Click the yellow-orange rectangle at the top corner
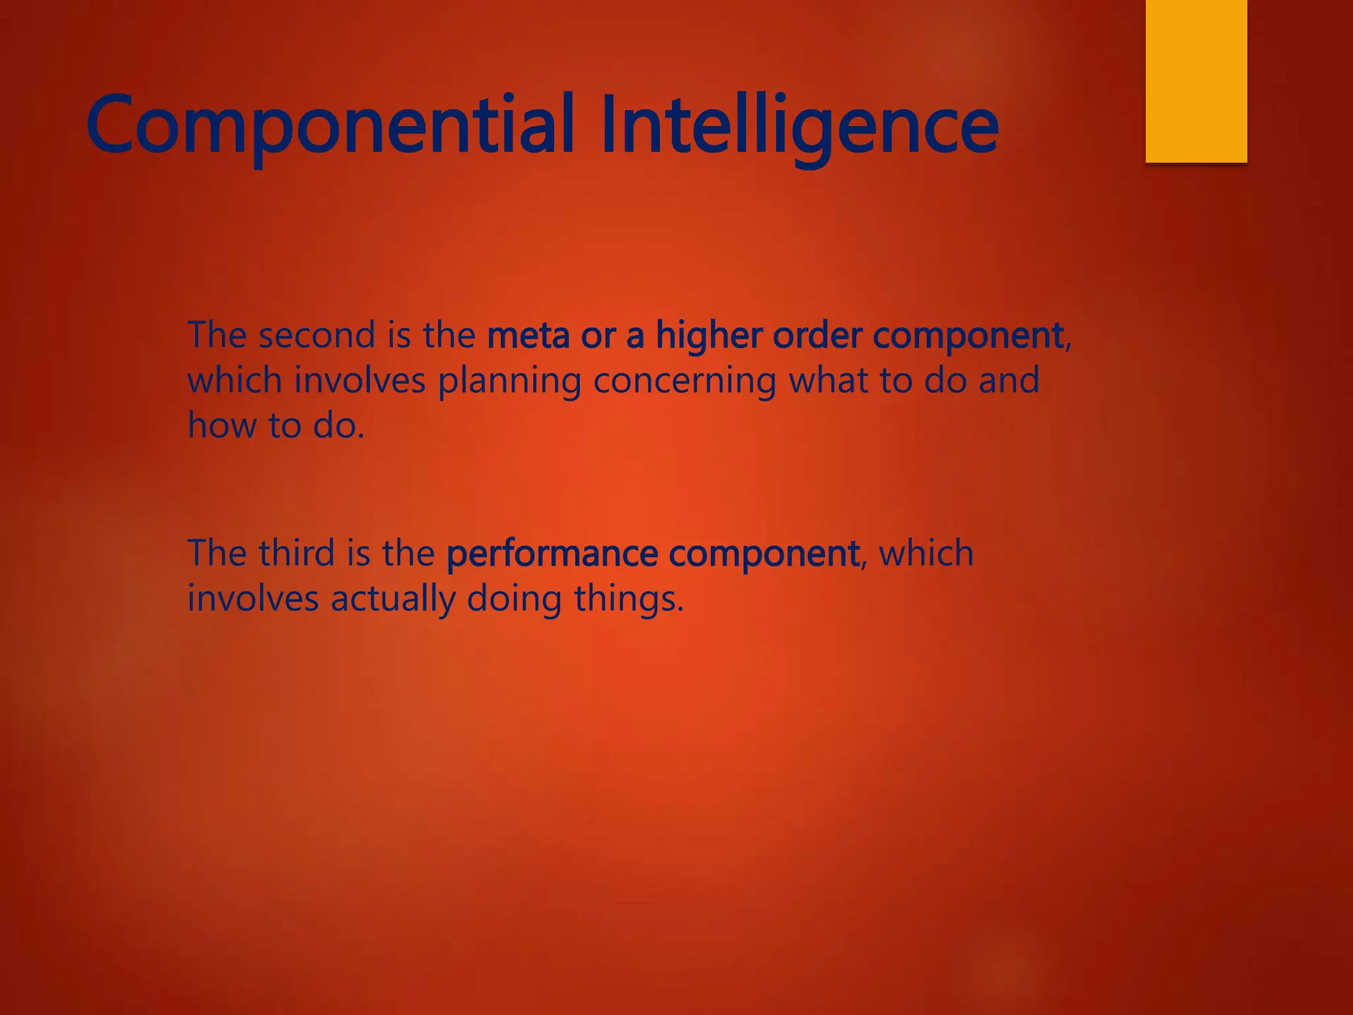(x=1196, y=81)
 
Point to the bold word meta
(x=528, y=336)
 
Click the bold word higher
(x=709, y=336)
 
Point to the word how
(x=222, y=425)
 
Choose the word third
(x=297, y=552)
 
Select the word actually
(x=393, y=599)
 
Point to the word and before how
(x=1008, y=381)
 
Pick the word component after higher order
(x=968, y=336)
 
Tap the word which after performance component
(x=926, y=552)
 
